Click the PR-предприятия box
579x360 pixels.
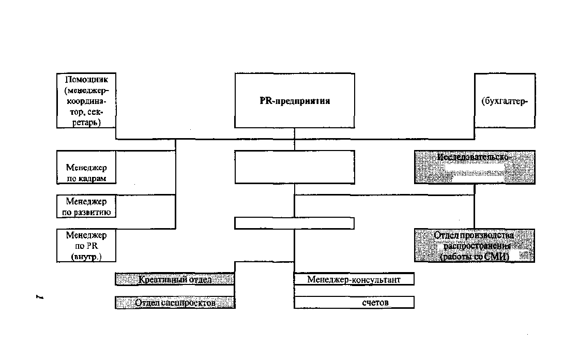click(x=295, y=101)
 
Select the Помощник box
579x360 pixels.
click(x=86, y=101)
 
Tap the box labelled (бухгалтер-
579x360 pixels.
click(x=505, y=101)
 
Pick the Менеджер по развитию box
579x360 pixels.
click(x=86, y=206)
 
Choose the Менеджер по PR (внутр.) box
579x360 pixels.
click(x=86, y=246)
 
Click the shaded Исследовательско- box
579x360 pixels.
click(x=474, y=167)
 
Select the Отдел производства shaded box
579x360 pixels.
click(x=474, y=245)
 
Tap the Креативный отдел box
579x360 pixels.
click(x=175, y=279)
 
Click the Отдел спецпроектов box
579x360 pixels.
click(x=175, y=303)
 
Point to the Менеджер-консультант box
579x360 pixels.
click(x=354, y=279)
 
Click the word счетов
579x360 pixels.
click(x=375, y=303)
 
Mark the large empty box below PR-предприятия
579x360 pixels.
click(x=295, y=167)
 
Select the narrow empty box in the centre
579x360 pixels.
click(x=295, y=223)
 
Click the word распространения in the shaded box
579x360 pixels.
click(x=474, y=246)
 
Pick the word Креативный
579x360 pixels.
click(x=158, y=279)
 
